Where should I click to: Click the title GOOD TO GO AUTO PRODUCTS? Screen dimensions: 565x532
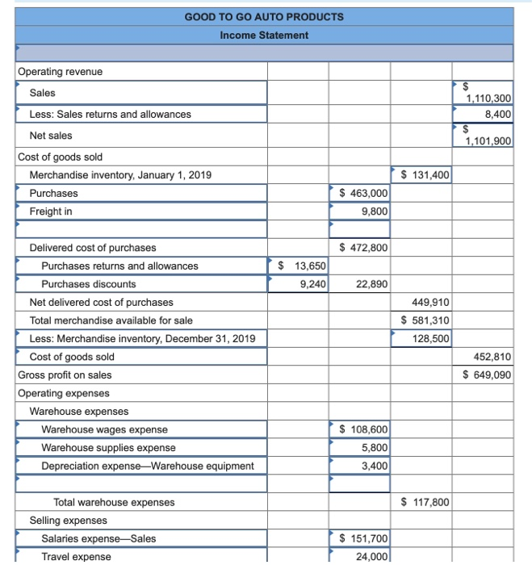(x=264, y=16)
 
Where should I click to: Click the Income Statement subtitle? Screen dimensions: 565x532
(x=264, y=35)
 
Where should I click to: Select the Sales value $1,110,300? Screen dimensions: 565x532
(x=487, y=98)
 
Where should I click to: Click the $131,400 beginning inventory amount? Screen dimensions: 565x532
(x=425, y=174)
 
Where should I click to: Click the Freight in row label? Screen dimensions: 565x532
(x=51, y=211)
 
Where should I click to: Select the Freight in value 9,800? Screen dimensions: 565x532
(x=373, y=211)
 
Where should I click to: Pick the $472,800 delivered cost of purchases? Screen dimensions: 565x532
(x=363, y=248)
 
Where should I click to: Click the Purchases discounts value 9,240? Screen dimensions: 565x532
(x=312, y=284)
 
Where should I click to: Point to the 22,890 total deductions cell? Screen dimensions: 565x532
(x=371, y=284)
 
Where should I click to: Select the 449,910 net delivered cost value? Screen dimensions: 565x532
(x=431, y=302)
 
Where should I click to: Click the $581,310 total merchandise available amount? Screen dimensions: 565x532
(x=425, y=320)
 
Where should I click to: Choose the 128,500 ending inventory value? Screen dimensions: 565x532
(x=432, y=338)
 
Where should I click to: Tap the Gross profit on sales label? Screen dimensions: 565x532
(x=65, y=375)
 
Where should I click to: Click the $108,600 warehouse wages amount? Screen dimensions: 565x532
(x=363, y=429)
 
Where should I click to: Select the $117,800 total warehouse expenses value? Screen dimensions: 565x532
(x=425, y=502)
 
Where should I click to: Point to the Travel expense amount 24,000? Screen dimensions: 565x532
(x=371, y=557)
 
